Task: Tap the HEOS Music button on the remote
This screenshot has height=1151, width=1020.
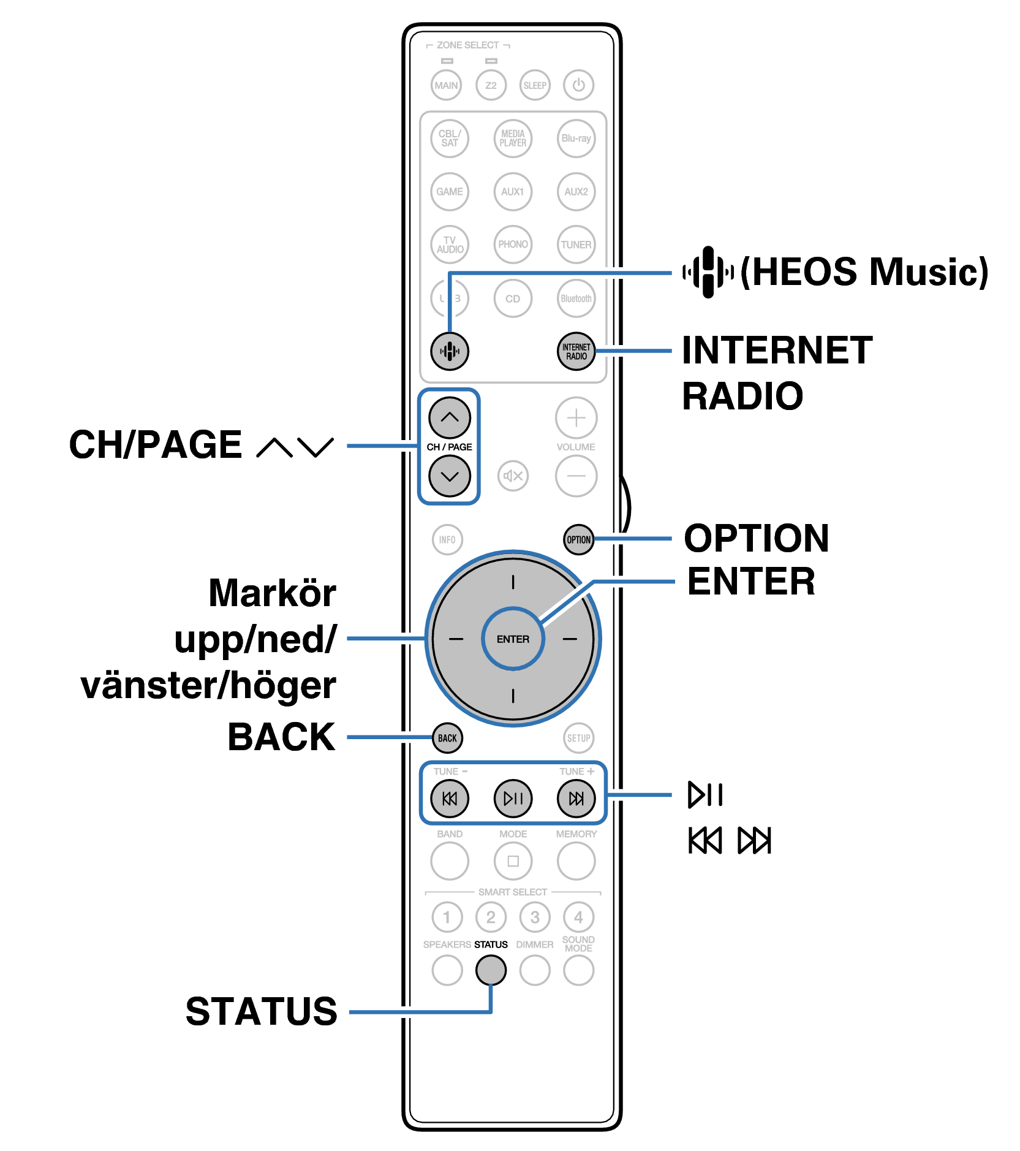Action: (x=449, y=351)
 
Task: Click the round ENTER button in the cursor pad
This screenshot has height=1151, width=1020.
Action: (x=513, y=639)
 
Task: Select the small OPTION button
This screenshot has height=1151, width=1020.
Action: (x=578, y=539)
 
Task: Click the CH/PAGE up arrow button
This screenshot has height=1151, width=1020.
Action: (x=449, y=417)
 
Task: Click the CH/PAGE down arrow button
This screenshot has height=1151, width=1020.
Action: (x=449, y=476)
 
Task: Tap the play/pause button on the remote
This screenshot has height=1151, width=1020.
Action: (x=513, y=798)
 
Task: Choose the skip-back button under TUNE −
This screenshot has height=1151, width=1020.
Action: (x=449, y=798)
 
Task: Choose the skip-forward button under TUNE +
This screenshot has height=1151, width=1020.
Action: (x=576, y=798)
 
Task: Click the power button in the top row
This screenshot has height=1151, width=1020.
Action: (x=578, y=85)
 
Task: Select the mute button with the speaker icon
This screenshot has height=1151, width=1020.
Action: (x=513, y=476)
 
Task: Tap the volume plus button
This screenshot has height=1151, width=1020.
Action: (x=576, y=418)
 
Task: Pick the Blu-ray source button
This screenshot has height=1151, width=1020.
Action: (x=576, y=139)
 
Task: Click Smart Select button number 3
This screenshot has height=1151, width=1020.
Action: (x=535, y=917)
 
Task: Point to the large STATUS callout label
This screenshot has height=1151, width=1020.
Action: (x=262, y=1011)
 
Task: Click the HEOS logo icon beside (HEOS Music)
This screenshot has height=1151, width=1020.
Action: (x=708, y=272)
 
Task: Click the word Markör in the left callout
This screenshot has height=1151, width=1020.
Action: (x=272, y=593)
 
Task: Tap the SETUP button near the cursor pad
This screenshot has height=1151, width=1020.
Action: (x=578, y=738)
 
